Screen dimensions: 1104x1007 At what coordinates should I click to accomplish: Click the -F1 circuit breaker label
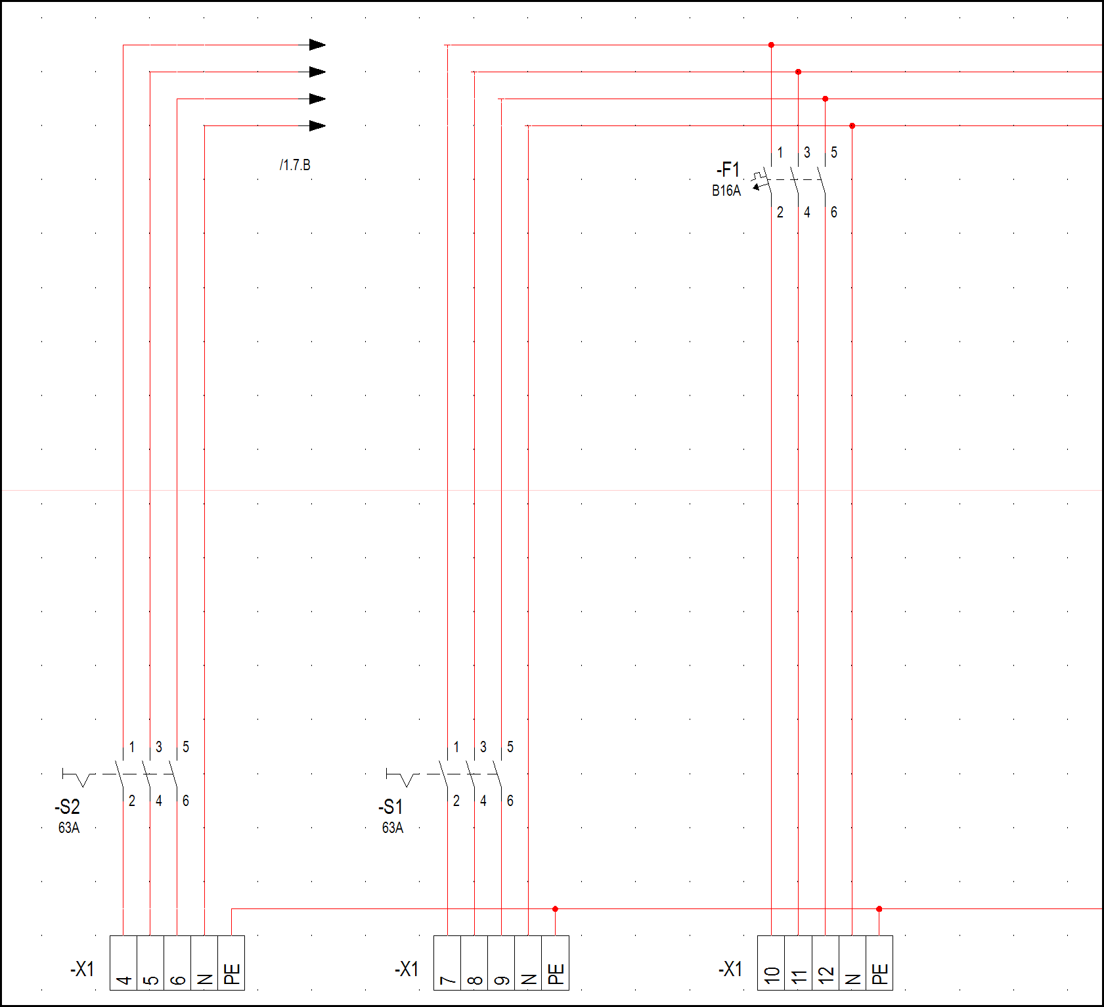click(728, 170)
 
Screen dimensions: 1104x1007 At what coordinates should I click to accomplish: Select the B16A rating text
click(726, 190)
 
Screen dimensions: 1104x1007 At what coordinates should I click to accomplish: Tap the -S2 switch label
click(67, 807)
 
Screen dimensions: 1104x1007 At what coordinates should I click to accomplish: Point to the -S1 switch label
click(391, 807)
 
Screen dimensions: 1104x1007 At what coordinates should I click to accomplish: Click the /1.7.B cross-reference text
click(295, 165)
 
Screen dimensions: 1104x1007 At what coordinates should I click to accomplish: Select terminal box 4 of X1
click(123, 963)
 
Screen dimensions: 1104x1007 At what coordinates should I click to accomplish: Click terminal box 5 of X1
click(150, 963)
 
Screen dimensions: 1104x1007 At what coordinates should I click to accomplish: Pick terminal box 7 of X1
click(447, 963)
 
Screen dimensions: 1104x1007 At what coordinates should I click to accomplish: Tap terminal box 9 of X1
click(501, 963)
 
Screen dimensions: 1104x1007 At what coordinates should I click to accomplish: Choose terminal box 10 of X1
click(771, 963)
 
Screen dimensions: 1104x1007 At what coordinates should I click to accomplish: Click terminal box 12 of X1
click(825, 963)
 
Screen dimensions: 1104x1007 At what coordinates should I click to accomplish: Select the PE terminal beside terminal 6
click(231, 963)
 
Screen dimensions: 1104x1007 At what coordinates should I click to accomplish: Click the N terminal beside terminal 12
click(852, 963)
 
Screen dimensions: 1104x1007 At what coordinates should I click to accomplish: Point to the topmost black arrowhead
click(317, 45)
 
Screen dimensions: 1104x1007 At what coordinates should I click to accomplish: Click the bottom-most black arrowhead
click(317, 125)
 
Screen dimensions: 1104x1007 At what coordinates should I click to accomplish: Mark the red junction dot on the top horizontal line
click(771, 45)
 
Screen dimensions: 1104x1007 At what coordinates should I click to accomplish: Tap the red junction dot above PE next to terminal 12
click(879, 909)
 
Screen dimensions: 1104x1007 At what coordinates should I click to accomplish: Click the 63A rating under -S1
click(393, 828)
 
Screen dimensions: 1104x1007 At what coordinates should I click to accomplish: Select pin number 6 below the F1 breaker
click(834, 212)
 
